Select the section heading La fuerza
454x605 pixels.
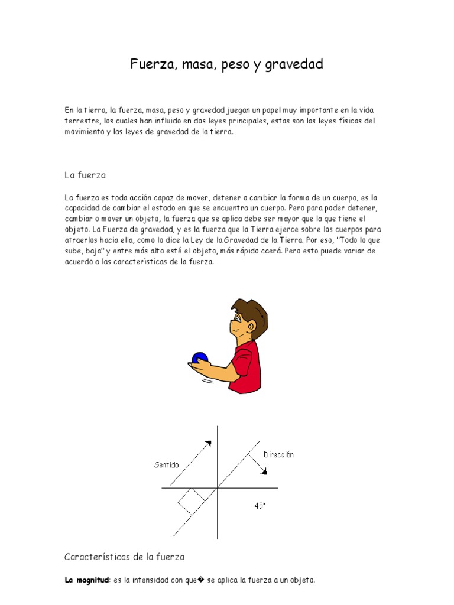[x=85, y=175]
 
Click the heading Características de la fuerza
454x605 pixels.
[x=124, y=557]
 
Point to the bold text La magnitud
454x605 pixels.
[x=87, y=580]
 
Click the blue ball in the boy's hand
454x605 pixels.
[x=200, y=357]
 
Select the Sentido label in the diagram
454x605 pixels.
[x=166, y=465]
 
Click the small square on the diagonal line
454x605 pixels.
[x=191, y=500]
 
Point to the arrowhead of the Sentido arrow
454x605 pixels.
[x=207, y=443]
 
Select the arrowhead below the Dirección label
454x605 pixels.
[x=264, y=471]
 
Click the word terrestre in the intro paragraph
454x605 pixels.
[x=81, y=121]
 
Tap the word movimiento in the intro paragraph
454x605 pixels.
[x=84, y=132]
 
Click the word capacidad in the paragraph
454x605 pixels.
[x=83, y=208]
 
